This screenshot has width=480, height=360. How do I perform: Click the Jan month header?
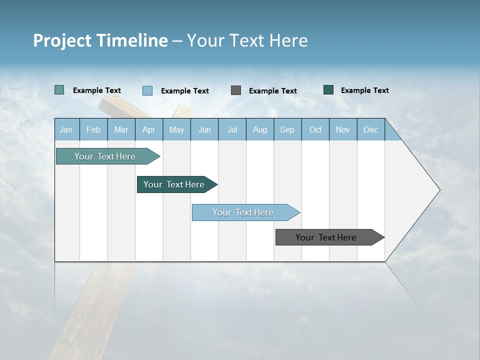coord(66,129)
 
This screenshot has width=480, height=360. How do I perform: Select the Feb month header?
coord(93,129)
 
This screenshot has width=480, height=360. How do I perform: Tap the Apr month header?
coord(149,129)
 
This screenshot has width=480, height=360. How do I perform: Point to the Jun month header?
coord(204,129)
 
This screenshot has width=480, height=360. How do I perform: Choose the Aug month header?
coord(260,129)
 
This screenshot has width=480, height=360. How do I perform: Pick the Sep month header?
coord(287,129)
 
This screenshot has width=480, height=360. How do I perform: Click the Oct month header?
coord(315,129)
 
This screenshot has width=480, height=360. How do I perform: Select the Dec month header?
coord(371,129)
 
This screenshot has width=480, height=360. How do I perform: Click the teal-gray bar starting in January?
coord(105,156)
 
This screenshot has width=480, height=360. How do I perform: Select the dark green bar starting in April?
coord(174,184)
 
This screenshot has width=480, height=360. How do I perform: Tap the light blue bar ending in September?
coord(243,212)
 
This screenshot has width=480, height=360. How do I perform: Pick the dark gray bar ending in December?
coord(326,237)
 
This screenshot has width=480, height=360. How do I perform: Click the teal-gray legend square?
coord(59,90)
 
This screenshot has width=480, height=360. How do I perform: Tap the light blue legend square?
coord(147,90)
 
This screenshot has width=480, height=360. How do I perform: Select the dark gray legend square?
coord(236,90)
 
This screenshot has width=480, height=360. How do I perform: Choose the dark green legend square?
coord(328,90)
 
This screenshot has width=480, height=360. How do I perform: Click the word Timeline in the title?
coord(132,40)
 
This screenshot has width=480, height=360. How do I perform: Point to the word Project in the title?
coord(62,40)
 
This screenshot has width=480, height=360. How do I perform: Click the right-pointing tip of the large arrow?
coord(438,190)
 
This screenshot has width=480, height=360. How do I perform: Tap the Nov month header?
coord(343,129)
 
